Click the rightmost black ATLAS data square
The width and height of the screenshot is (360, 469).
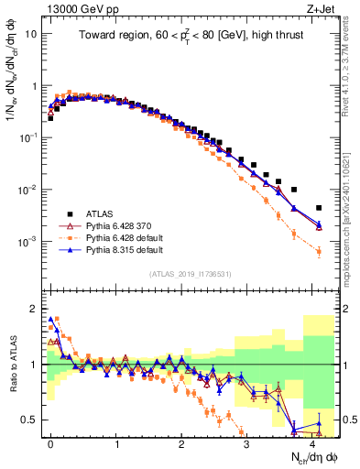(x=319, y=208)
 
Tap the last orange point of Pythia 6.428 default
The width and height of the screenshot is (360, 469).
(x=319, y=251)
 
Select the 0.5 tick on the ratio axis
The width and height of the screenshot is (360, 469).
(x=33, y=420)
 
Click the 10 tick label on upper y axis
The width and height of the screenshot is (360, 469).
(x=30, y=33)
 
